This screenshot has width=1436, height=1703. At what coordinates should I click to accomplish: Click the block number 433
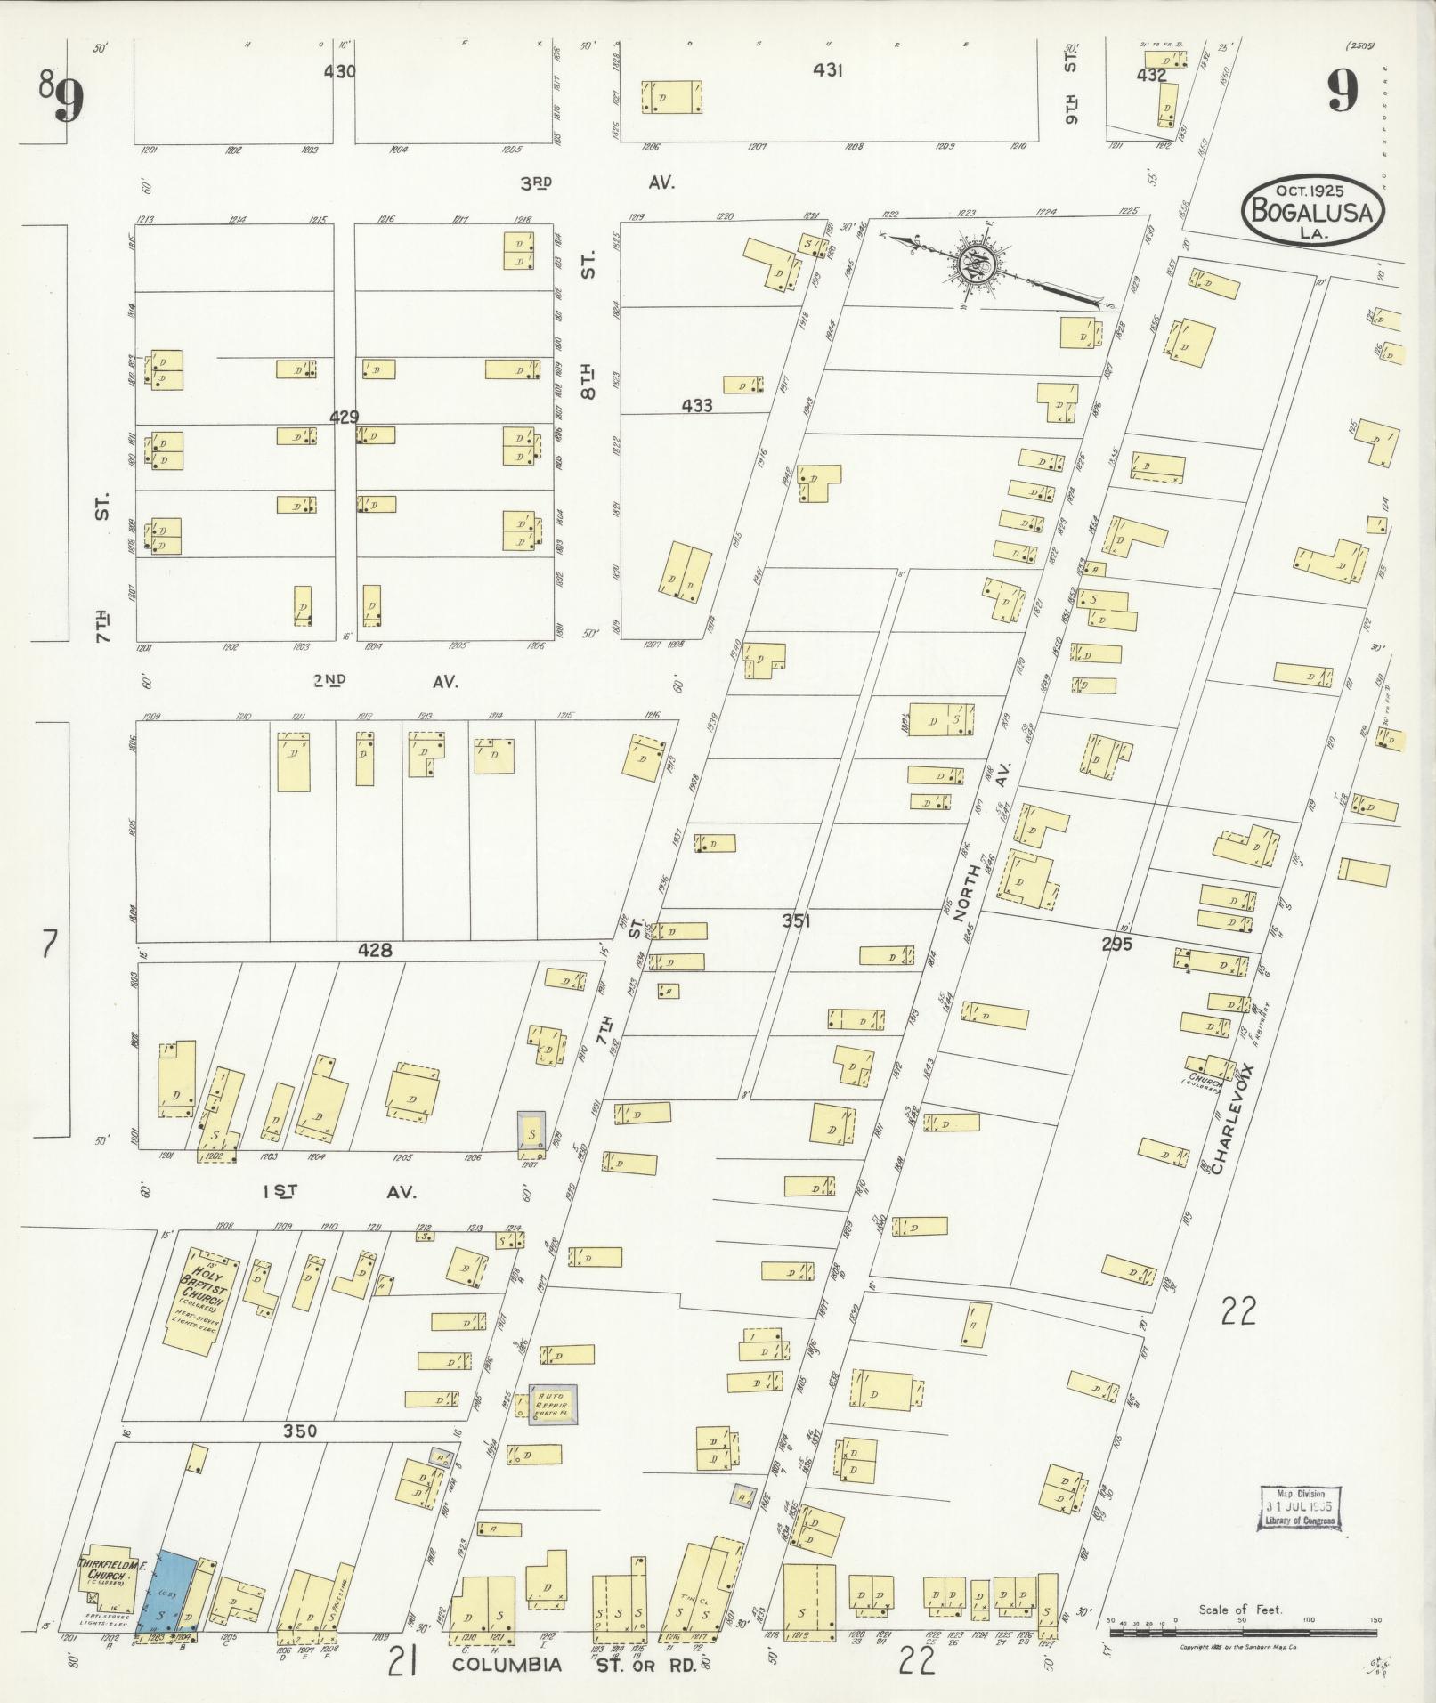697,406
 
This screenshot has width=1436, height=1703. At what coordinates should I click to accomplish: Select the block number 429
344,417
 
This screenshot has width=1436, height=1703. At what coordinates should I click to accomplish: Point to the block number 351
796,921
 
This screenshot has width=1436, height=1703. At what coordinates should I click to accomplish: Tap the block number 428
375,951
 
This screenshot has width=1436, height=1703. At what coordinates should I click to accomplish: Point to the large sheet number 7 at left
49,944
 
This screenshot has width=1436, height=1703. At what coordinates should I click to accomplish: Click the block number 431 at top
827,70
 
